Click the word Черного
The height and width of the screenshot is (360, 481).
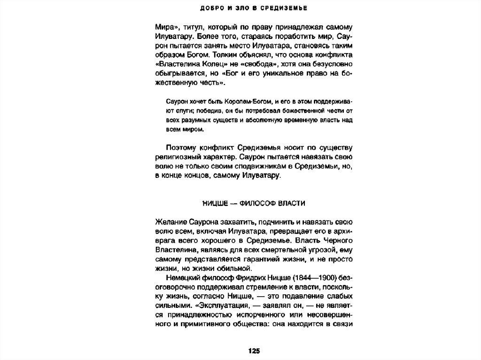point(334,240)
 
